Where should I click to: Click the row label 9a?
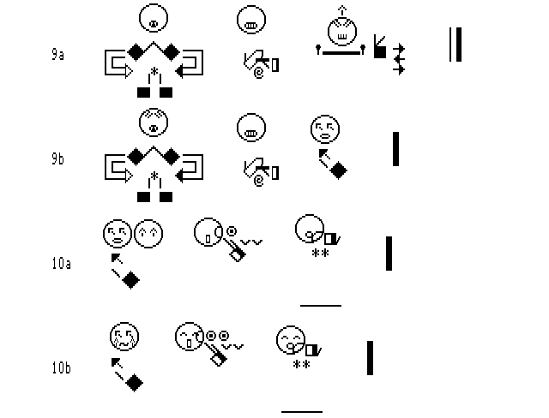(x=57, y=54)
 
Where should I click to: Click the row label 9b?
(x=57, y=159)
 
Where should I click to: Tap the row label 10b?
(x=60, y=369)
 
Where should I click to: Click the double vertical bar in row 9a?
(x=455, y=45)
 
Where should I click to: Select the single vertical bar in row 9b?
(x=395, y=149)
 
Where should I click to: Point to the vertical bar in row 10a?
(x=389, y=254)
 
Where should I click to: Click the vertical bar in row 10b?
(x=371, y=358)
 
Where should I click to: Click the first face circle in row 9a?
(x=153, y=17)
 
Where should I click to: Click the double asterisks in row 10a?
(x=321, y=254)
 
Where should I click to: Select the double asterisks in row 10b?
(x=302, y=366)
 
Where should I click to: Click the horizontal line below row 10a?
(x=321, y=304)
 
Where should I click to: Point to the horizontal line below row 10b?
(x=302, y=412)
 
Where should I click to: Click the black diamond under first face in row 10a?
(x=130, y=280)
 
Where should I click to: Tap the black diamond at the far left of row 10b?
(x=133, y=383)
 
